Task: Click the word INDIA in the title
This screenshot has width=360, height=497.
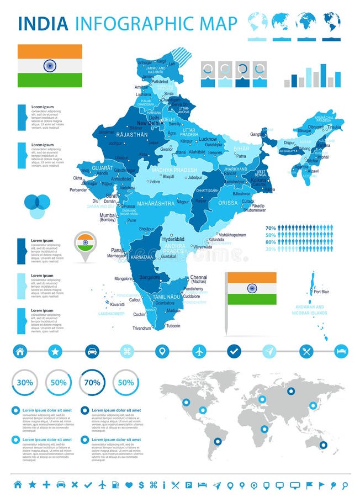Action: point(43,23)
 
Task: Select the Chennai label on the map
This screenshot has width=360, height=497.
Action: point(198,278)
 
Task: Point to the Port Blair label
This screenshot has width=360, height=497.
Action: point(321,292)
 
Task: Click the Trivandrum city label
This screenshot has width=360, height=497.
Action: point(142,328)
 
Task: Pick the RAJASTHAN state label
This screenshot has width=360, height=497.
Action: point(131,134)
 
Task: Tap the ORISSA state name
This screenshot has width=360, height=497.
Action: point(228,203)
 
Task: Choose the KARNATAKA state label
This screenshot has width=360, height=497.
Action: point(141,257)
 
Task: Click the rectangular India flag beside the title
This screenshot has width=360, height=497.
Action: point(50,66)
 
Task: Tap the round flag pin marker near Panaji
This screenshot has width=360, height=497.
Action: point(85,242)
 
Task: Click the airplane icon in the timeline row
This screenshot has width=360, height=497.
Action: point(199,351)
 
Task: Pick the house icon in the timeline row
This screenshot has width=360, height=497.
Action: point(20,351)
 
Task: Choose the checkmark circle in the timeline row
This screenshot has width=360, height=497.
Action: point(234,351)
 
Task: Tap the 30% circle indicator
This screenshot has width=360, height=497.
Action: point(25,382)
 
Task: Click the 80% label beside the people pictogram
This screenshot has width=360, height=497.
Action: point(270,242)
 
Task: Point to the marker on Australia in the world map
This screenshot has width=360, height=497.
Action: point(323,445)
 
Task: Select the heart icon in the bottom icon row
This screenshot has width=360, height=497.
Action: point(129,485)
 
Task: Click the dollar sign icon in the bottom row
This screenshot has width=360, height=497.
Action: point(141,485)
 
